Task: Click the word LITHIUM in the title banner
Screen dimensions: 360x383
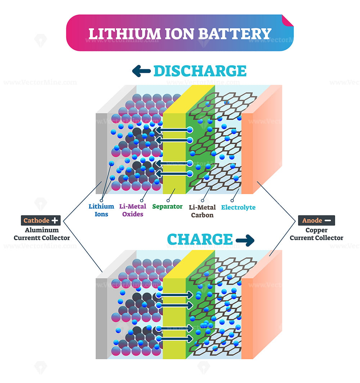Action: click(124, 34)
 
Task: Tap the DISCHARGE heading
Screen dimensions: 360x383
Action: click(200, 71)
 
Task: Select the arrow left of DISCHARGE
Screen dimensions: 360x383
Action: click(141, 71)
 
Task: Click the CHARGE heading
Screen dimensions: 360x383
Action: click(200, 239)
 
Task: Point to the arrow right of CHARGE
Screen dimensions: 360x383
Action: click(245, 240)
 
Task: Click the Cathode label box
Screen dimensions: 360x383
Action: click(41, 220)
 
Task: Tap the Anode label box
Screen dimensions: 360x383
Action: click(316, 220)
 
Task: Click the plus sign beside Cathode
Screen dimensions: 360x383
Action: click(55, 220)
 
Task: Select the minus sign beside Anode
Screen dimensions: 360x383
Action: click(328, 220)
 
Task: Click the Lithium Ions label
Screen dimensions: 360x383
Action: click(101, 210)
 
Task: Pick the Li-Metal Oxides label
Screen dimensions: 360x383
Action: click(133, 210)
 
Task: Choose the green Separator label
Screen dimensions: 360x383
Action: click(167, 207)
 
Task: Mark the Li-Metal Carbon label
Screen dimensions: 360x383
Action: click(202, 211)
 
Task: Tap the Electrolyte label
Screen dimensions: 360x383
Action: click(238, 208)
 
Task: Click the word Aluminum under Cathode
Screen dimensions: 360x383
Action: click(42, 230)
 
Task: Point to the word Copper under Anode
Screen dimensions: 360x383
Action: click(316, 230)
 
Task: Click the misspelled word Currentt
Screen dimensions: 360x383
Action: click(27, 238)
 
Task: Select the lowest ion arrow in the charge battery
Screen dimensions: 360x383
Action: click(176, 339)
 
